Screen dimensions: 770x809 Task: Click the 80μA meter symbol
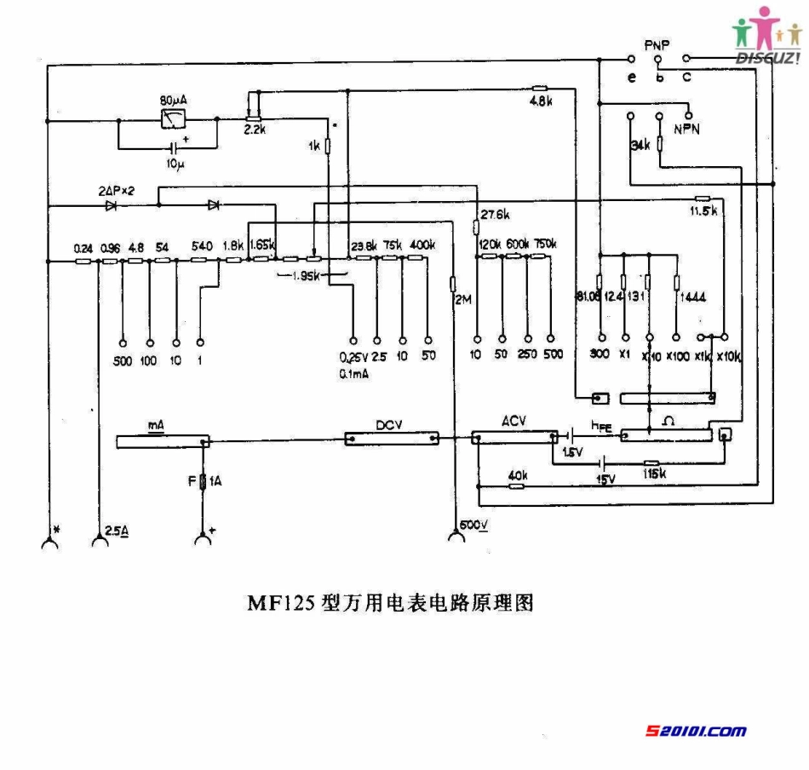click(x=174, y=120)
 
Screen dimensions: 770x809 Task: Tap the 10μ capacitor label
click(x=175, y=161)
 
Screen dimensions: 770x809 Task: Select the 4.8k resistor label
click(x=542, y=101)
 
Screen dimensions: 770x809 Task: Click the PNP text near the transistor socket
click(x=657, y=43)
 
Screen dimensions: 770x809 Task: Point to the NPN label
click(x=686, y=129)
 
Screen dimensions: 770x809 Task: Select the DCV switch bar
click(x=393, y=438)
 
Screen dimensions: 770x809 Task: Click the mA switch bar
click(x=162, y=441)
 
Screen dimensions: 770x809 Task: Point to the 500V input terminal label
click(x=473, y=524)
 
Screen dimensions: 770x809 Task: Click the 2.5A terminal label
click(x=118, y=530)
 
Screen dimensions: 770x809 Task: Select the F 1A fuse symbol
click(x=203, y=483)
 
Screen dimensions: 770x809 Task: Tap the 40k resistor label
click(x=517, y=475)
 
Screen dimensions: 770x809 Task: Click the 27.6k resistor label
click(x=495, y=213)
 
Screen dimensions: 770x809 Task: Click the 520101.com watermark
click(x=697, y=731)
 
